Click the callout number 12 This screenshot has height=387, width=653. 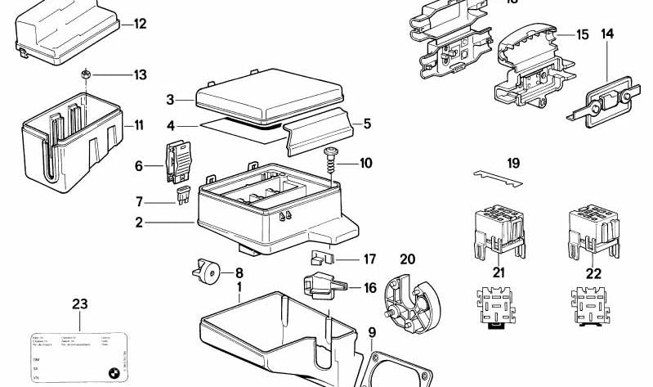coord(140,24)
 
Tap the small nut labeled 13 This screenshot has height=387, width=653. coord(85,75)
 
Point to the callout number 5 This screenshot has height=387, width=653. coord(367,124)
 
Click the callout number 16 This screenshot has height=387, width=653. coord(369,288)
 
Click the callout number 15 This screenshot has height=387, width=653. coord(582,34)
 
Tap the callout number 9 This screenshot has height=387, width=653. coord(371,332)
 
